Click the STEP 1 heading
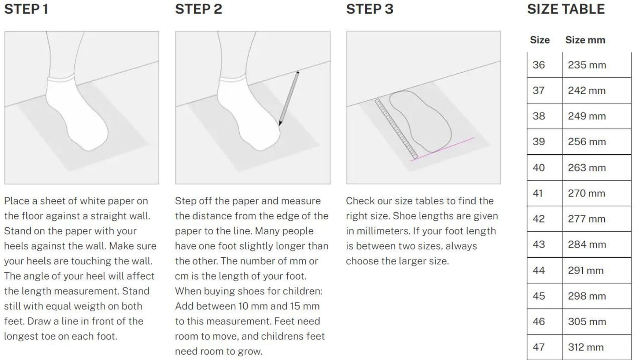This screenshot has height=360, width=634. click(26, 9)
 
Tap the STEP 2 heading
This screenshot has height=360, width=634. click(199, 9)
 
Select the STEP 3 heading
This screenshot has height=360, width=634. click(370, 9)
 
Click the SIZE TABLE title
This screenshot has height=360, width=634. click(566, 9)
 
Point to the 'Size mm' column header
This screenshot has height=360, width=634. click(585, 40)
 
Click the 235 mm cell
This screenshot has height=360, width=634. click(587, 65)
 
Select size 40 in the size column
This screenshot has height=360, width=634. click(539, 168)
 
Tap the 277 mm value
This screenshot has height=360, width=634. click(587, 219)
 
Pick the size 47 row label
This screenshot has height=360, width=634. click(538, 347)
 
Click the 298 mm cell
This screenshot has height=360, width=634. click(587, 296)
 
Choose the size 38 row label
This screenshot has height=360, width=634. click(539, 116)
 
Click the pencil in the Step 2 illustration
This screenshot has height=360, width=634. click(289, 99)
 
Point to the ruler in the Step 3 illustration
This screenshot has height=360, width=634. click(396, 129)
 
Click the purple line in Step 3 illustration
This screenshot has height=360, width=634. click(442, 149)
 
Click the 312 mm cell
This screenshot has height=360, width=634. click(586, 347)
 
